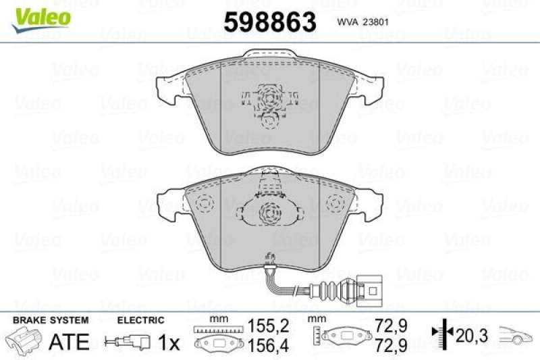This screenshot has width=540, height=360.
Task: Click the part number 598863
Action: pos(270,22)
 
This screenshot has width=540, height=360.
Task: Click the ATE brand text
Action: pos(69,341)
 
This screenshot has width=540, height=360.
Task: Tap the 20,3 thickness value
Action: pos(471,334)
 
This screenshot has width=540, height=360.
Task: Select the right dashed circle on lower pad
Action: pos(334,203)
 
